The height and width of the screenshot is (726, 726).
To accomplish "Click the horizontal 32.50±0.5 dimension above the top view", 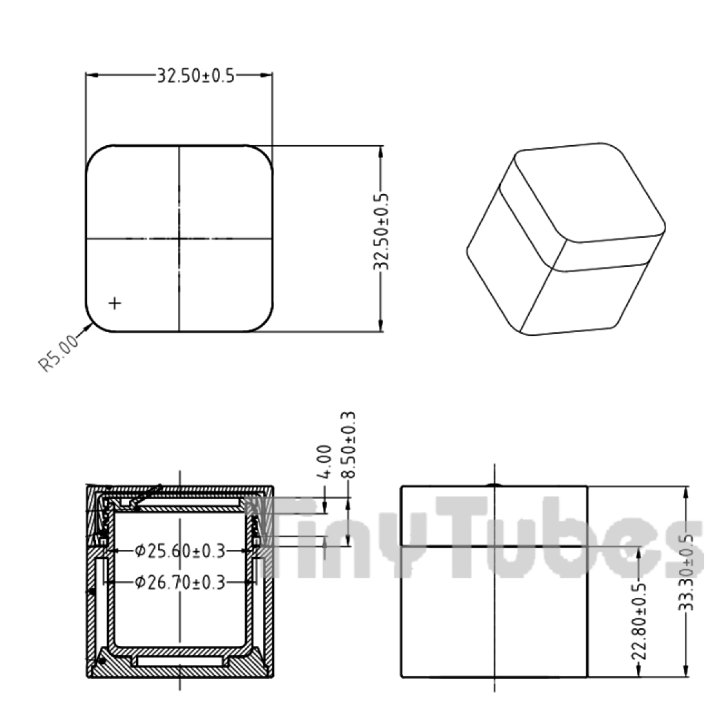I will pyautogui.click(x=195, y=76).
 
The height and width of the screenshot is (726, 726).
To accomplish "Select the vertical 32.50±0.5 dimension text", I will pyautogui.click(x=382, y=232).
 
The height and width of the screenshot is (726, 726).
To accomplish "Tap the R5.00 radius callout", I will pyautogui.click(x=58, y=353).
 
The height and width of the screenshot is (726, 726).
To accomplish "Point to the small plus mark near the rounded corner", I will pyautogui.click(x=114, y=302).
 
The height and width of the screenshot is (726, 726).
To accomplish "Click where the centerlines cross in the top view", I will pyautogui.click(x=179, y=238).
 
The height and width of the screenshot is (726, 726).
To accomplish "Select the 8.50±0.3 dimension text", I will pyautogui.click(x=348, y=445).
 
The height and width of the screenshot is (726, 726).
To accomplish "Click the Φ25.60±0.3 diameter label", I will pyautogui.click(x=180, y=551).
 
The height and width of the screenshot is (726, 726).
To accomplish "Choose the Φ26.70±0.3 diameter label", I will pyautogui.click(x=180, y=583).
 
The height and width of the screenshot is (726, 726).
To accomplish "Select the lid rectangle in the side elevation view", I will pyautogui.click(x=494, y=515).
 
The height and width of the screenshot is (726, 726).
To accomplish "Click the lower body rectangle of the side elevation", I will pyautogui.click(x=494, y=611).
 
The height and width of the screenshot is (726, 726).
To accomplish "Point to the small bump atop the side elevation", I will pyautogui.click(x=495, y=484).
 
